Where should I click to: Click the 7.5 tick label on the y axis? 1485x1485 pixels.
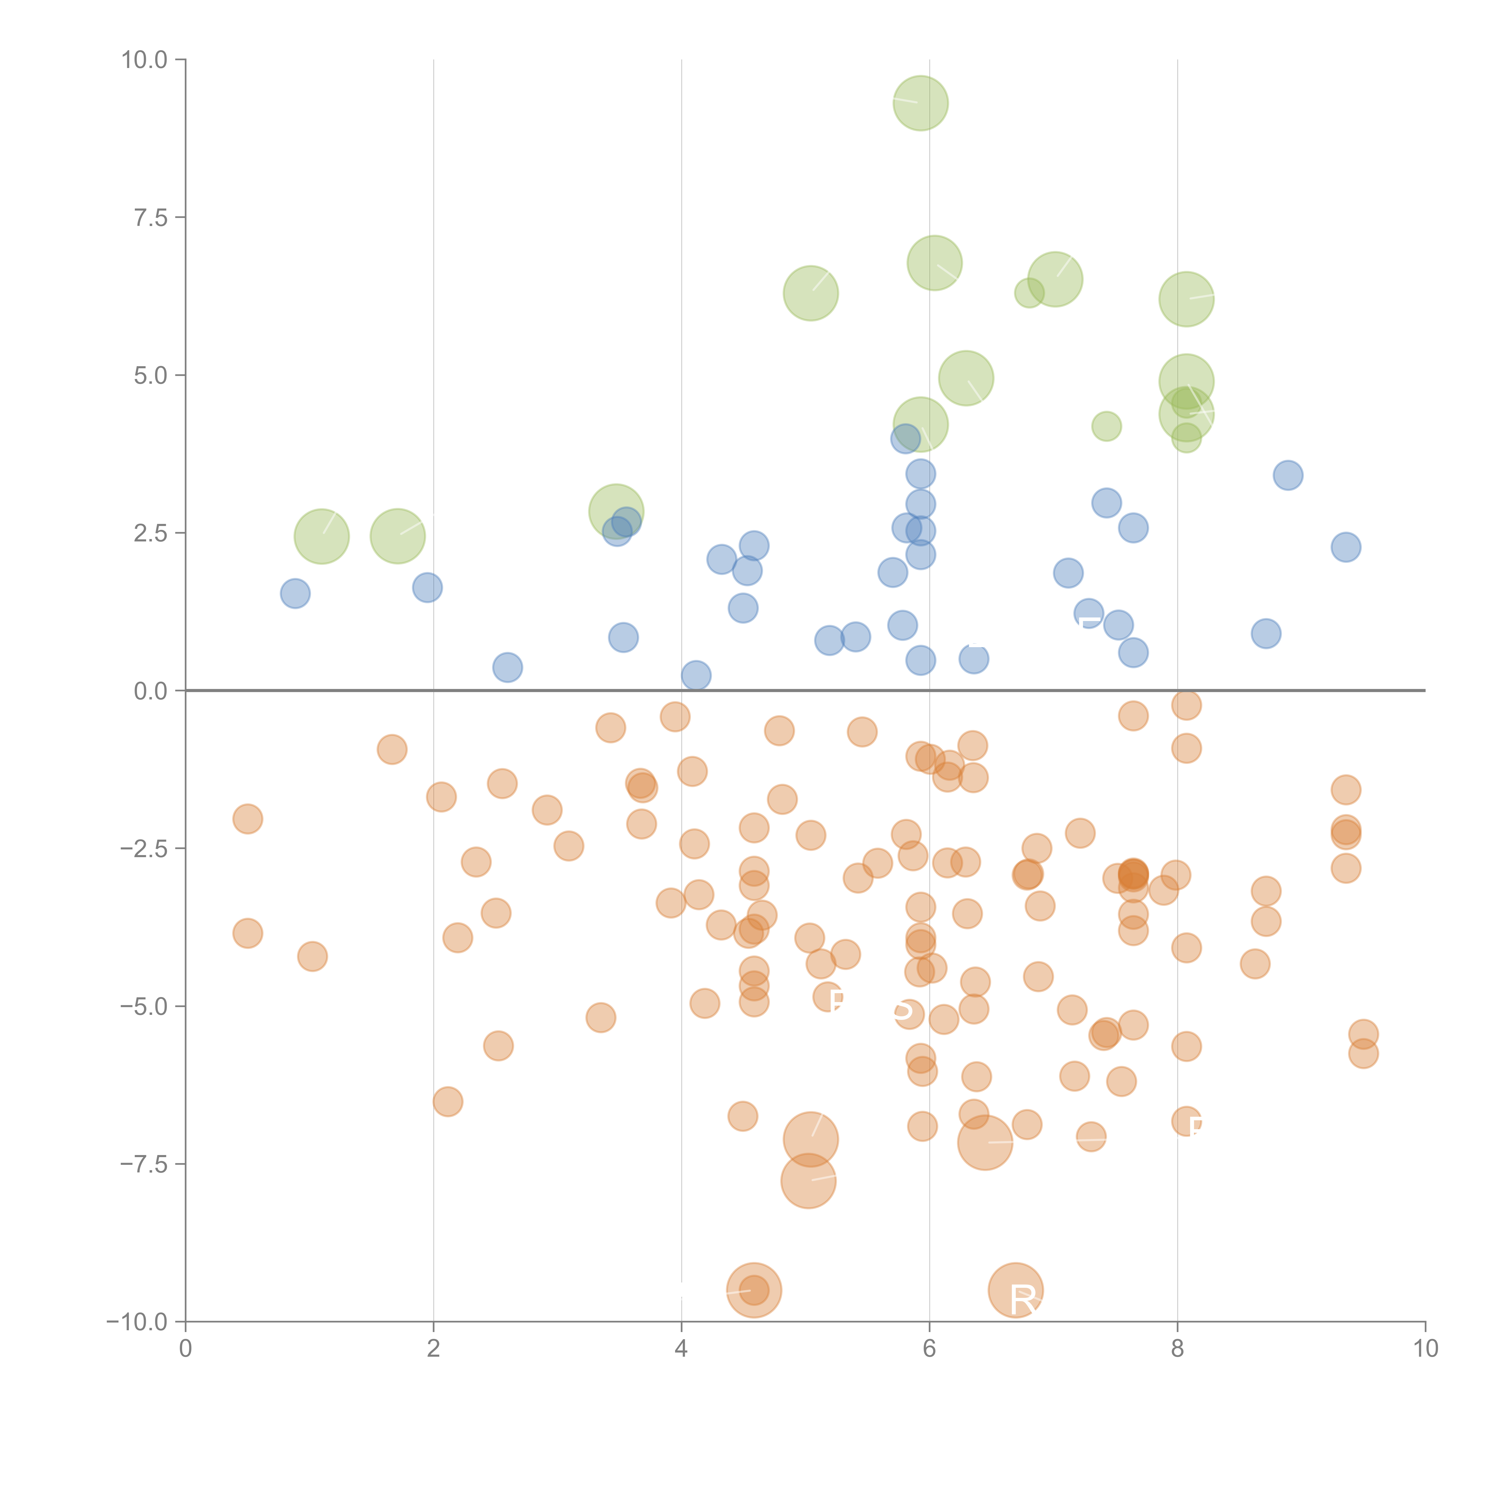(x=151, y=217)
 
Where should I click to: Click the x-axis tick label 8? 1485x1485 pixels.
(x=1178, y=1349)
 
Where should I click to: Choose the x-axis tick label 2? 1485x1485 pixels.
(x=434, y=1349)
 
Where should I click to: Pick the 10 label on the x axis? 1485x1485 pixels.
(x=1425, y=1349)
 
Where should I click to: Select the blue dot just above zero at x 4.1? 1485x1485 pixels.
(x=696, y=676)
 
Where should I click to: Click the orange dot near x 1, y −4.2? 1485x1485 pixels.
(x=312, y=956)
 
